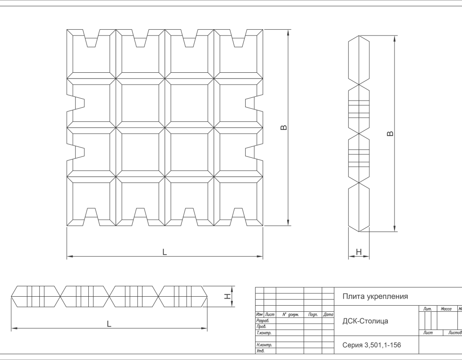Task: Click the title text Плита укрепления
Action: pyautogui.click(x=375, y=297)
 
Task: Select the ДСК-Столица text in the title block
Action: pyautogui.click(x=365, y=321)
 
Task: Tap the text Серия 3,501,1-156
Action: pyautogui.click(x=371, y=345)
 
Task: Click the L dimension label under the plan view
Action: pyautogui.click(x=164, y=252)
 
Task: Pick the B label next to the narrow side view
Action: pyautogui.click(x=390, y=134)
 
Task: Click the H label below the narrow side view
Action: pyautogui.click(x=359, y=253)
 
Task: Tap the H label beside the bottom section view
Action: pyautogui.click(x=227, y=296)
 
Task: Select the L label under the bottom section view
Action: pyautogui.click(x=109, y=324)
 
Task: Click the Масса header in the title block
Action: pyautogui.click(x=446, y=309)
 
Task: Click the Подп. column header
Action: pyautogui.click(x=312, y=314)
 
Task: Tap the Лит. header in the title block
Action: pyautogui.click(x=428, y=309)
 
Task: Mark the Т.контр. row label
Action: pyautogui.click(x=263, y=333)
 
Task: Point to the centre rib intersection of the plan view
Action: pyautogui.click(x=164, y=127)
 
